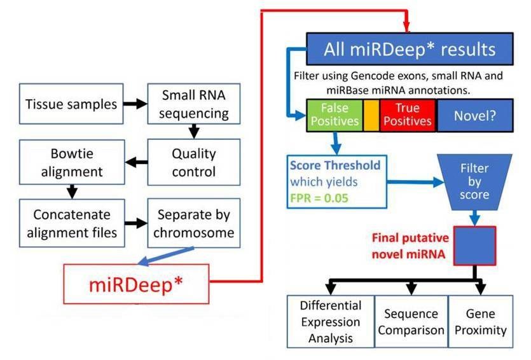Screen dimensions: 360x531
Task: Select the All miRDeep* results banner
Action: pos(410,50)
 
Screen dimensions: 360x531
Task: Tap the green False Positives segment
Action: pos(334,115)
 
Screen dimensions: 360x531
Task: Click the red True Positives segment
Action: pos(407,115)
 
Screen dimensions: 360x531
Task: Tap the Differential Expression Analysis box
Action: pos(331,321)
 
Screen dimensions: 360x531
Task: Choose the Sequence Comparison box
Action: pos(411,321)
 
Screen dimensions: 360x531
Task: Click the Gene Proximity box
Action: pos(481,321)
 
